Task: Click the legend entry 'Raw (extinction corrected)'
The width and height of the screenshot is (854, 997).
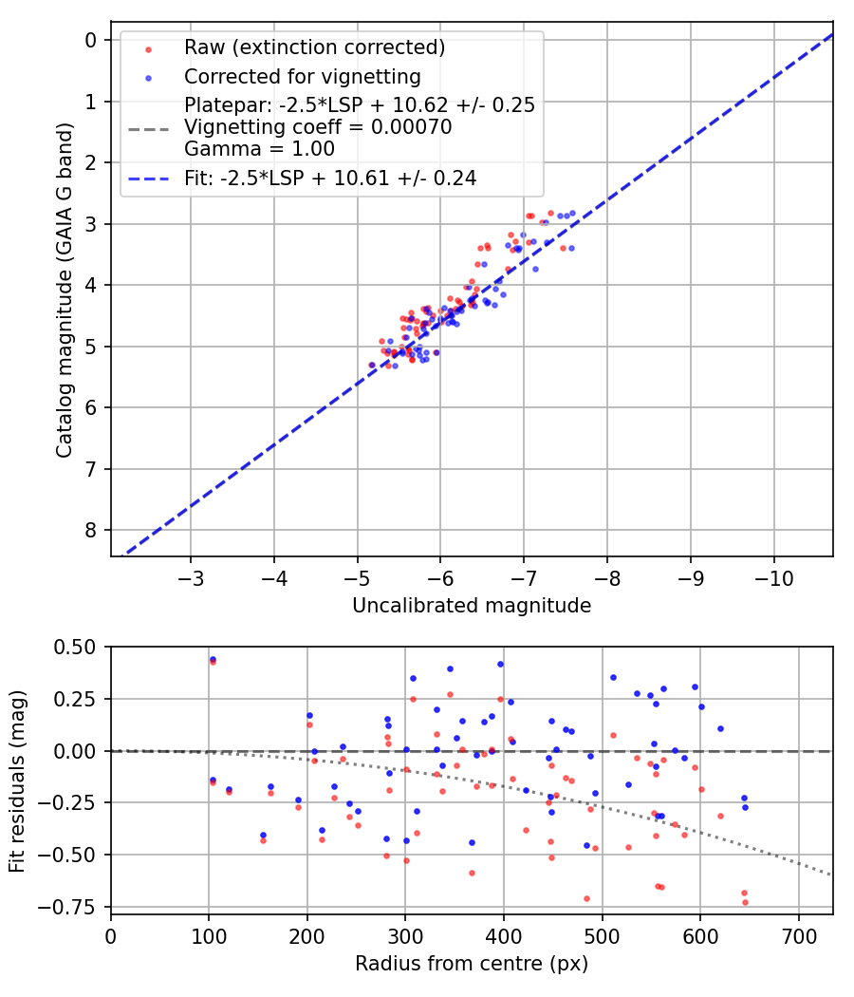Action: (314, 47)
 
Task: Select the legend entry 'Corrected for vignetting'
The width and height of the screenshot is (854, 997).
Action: (303, 76)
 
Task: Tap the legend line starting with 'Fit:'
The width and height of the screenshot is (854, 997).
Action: (330, 178)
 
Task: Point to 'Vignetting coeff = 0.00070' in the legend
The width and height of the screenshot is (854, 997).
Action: (318, 126)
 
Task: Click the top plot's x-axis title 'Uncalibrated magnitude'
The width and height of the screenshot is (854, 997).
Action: (472, 606)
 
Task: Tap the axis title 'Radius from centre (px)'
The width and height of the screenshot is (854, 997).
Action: (472, 964)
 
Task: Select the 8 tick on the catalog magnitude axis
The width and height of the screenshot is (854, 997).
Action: (91, 530)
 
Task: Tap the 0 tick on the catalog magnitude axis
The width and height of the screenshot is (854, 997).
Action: (91, 40)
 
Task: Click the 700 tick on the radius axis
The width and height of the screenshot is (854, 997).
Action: (798, 936)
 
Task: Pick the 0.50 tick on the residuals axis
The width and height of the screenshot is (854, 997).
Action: (76, 647)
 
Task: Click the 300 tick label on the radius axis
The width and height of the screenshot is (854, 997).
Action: (405, 936)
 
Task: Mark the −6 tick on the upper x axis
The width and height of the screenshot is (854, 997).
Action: (440, 578)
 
